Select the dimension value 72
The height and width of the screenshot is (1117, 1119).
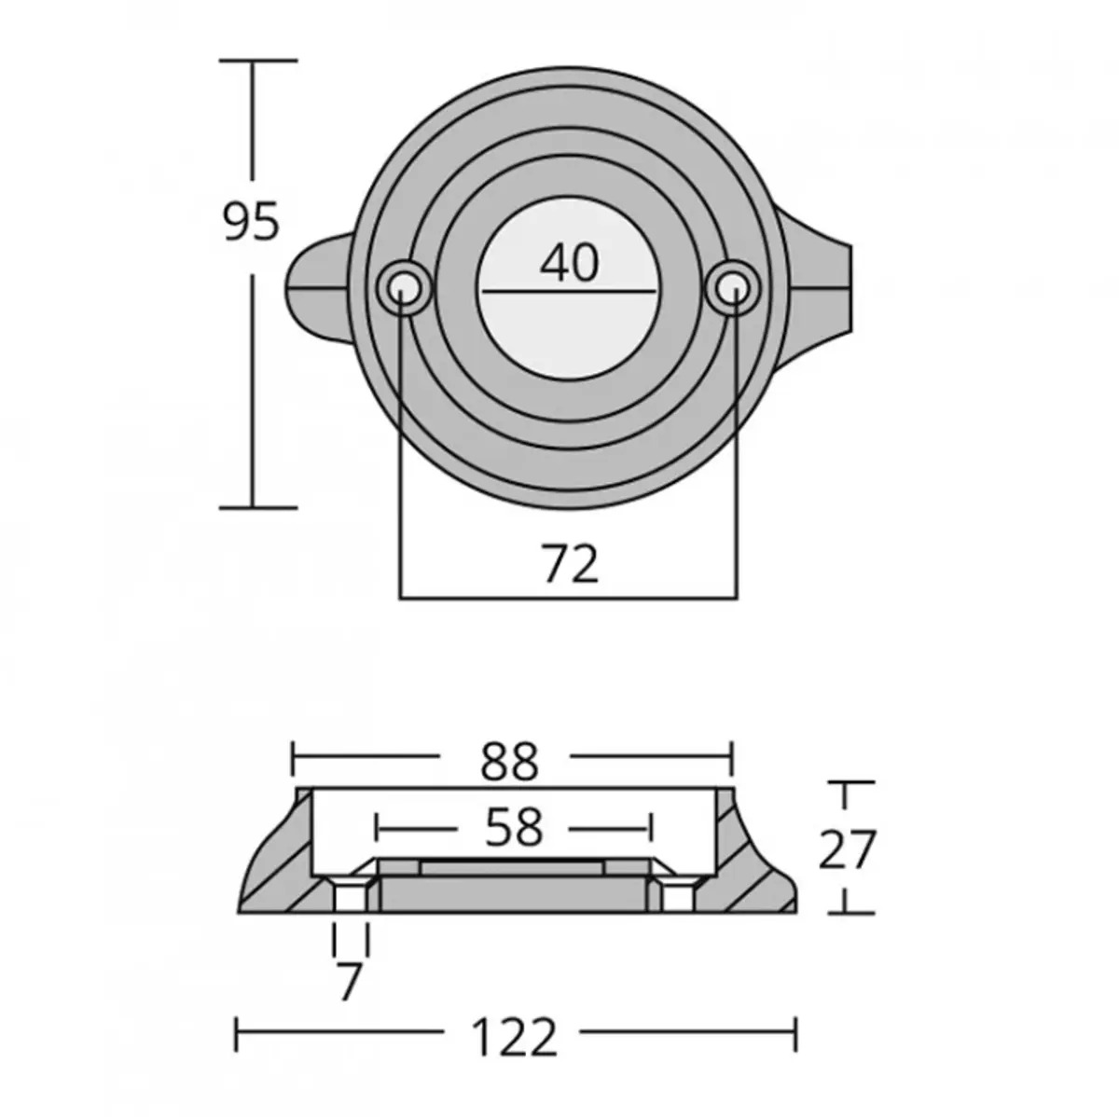pos(569,564)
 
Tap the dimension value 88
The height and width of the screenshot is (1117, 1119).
pos(511,762)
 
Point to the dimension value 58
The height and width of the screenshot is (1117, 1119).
pos(514,827)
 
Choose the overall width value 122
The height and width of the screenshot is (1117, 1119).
pos(516,1037)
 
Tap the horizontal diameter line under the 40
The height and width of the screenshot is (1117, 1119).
pos(569,292)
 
